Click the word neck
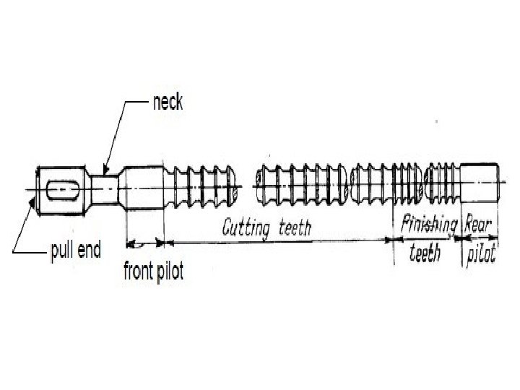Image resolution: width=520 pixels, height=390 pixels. pos(168,103)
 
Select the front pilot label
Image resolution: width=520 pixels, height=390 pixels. pos(153,272)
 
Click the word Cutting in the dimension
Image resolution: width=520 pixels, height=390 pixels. pos(245,230)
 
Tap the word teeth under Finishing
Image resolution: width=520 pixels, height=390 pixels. pos(425,253)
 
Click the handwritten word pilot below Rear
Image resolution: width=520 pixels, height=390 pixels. pos(480,254)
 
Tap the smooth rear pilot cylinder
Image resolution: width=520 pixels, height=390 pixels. pos(478,186)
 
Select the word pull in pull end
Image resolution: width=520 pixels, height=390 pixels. pos(62,252)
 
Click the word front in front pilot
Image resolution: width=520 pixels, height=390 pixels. pos(138,272)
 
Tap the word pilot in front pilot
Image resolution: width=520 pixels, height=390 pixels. pos(169,272)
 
